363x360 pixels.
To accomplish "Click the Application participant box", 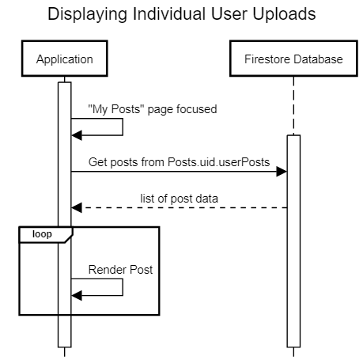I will click(x=64, y=59).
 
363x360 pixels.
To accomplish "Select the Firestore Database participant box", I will click(x=293, y=59).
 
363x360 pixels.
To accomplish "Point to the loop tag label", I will click(x=43, y=233).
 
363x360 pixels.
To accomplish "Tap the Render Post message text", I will click(x=120, y=270).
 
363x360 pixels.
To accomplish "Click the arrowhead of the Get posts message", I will click(x=281, y=171).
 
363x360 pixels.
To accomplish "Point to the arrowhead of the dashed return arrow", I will click(x=77, y=207).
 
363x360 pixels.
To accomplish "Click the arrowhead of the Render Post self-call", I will click(x=77, y=295).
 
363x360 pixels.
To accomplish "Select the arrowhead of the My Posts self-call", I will click(x=77, y=135).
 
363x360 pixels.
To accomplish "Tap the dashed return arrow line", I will click(x=182, y=207).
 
